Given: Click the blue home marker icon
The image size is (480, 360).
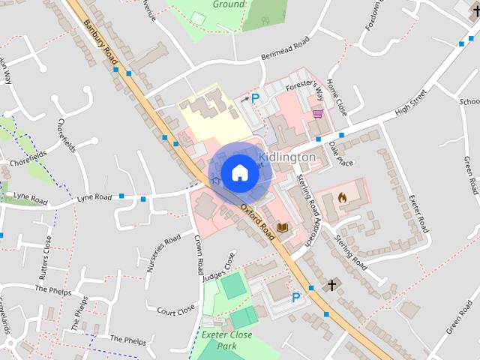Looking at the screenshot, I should (x=239, y=172).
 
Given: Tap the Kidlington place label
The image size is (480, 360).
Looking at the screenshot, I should (x=286, y=157).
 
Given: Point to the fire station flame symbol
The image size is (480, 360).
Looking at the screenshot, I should (x=343, y=197).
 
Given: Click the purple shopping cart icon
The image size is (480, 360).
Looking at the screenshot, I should (x=318, y=113).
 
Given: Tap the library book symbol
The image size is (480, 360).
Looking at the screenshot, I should (x=283, y=227).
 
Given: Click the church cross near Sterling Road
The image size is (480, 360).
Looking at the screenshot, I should (x=331, y=285).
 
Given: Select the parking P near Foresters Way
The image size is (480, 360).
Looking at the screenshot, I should (x=255, y=98).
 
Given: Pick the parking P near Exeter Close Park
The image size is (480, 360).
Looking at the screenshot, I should (x=296, y=298).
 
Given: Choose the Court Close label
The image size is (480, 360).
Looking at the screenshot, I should (x=175, y=309).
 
